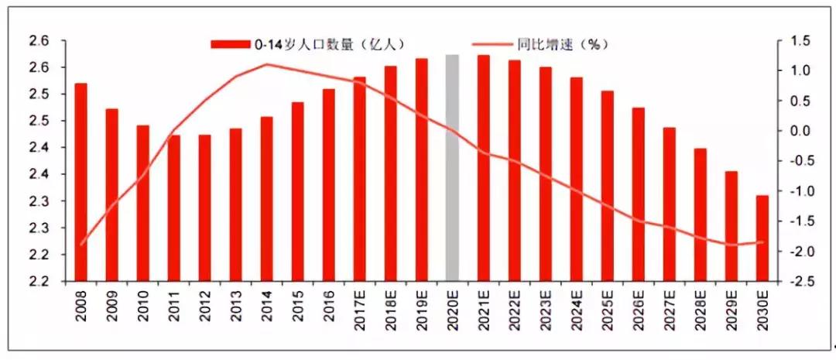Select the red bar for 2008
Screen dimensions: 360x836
click(x=81, y=181)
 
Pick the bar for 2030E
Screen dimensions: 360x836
click(x=762, y=238)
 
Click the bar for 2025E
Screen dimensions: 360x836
click(x=608, y=185)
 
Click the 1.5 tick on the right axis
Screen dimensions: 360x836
click(x=803, y=40)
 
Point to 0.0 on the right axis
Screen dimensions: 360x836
click(x=803, y=131)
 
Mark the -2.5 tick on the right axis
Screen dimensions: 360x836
click(x=801, y=282)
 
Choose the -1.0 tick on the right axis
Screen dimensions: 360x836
click(x=801, y=191)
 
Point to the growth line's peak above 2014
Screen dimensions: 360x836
click(x=266, y=64)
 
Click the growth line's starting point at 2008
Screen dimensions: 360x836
click(x=81, y=245)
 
